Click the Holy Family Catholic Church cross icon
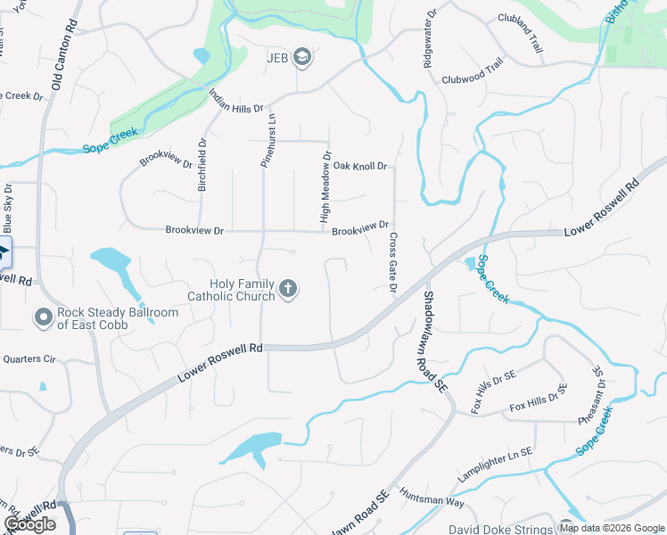(x=287, y=288)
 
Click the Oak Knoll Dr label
(x=359, y=167)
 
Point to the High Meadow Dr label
(x=326, y=186)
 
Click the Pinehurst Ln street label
(x=265, y=141)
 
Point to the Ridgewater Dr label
(x=426, y=40)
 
